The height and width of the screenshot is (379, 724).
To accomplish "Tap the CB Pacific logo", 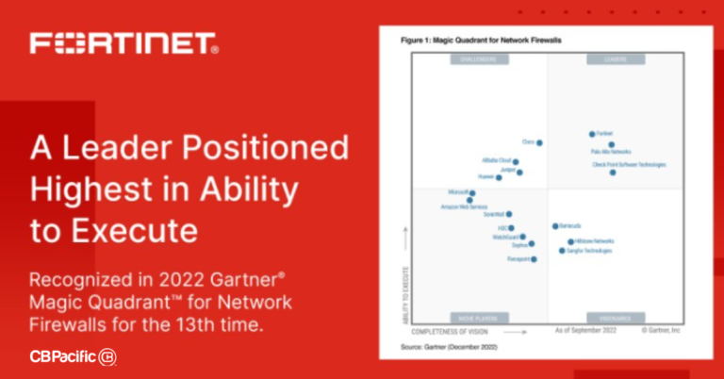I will [x=74, y=357].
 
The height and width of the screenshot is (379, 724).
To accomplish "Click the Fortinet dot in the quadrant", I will [x=593, y=135].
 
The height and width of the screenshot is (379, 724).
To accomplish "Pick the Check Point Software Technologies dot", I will [x=613, y=173].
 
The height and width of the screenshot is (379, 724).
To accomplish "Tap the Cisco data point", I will [x=539, y=143].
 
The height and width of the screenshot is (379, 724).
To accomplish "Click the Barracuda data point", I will [x=555, y=226].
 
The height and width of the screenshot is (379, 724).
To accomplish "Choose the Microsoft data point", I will [x=472, y=193].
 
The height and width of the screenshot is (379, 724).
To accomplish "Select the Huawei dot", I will [x=500, y=177].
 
